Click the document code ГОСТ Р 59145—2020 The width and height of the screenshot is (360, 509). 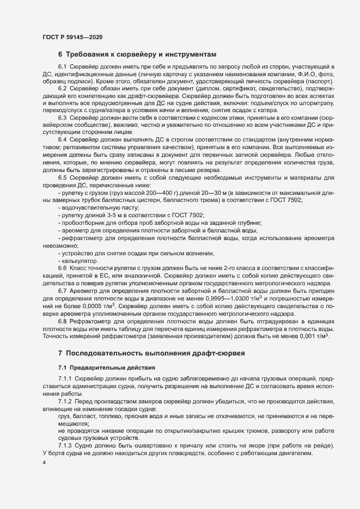click(x=72, y=37)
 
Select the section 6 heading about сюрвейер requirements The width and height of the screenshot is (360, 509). click(x=137, y=54)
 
